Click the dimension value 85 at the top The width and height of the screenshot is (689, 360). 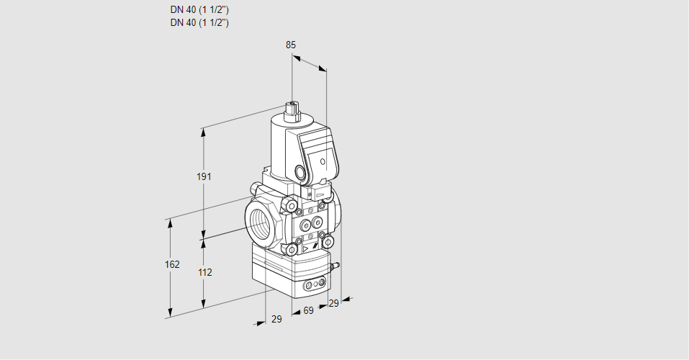coord(291,45)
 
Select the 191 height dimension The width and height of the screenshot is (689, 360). coord(205,177)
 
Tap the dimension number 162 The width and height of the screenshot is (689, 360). coord(171,264)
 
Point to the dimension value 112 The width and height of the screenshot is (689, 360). coord(205,272)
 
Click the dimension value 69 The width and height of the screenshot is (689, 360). coord(308,310)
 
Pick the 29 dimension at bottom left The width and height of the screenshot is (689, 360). coord(276,319)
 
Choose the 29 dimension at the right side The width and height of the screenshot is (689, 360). coord(333,303)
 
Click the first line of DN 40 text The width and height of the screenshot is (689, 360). coord(199,10)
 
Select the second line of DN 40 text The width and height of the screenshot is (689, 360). coord(199,22)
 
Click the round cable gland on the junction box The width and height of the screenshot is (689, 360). coord(300,172)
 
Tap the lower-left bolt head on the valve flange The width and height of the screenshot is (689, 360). coord(292,250)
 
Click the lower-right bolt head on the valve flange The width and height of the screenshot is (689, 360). coord(328,241)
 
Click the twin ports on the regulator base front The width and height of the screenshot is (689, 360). coord(312,287)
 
